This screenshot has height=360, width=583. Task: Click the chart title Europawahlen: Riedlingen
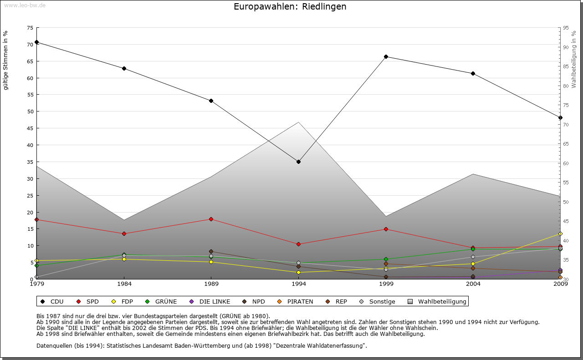click(290, 7)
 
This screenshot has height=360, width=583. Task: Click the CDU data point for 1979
click(36, 42)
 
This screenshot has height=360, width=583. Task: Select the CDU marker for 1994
click(298, 162)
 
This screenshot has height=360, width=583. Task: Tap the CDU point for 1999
click(386, 56)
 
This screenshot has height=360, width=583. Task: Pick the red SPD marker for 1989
click(211, 219)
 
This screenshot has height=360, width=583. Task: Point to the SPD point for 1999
click(386, 229)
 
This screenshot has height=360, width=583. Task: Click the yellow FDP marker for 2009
click(560, 234)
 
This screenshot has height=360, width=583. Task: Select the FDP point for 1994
click(298, 272)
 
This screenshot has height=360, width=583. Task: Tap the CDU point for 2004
click(473, 73)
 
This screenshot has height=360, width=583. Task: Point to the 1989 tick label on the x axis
click(211, 284)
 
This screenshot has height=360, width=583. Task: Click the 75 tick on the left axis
click(30, 28)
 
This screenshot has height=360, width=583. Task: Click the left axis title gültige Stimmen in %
click(6, 61)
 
